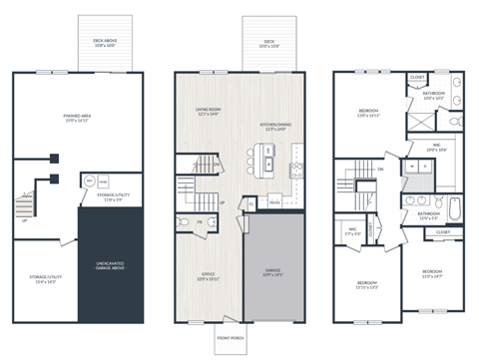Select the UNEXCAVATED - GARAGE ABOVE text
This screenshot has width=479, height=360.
pos(110,266)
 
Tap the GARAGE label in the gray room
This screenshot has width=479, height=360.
pos(273,271)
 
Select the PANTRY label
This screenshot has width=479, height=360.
pos(275,200)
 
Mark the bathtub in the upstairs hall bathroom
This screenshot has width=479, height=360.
pos(454,209)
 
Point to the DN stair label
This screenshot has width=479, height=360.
pos(380,170)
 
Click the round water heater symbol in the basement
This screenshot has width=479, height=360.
pos(90,182)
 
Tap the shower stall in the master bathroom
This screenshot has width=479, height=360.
pos(425,117)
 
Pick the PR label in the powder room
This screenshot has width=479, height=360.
pos(200,220)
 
